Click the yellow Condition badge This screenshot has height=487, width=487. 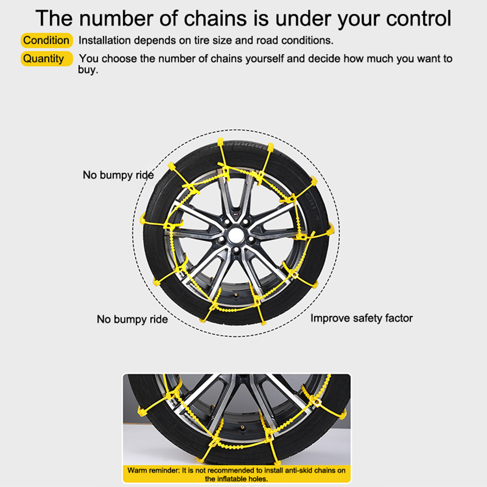(x=47, y=40)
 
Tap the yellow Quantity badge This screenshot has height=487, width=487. (x=47, y=59)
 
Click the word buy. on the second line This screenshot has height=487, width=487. (x=88, y=70)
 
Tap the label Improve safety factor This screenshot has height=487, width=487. (x=362, y=318)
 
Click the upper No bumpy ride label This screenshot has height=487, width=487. (x=118, y=175)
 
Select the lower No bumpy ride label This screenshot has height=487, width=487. (x=132, y=319)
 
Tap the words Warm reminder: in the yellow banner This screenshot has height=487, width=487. (x=154, y=470)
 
